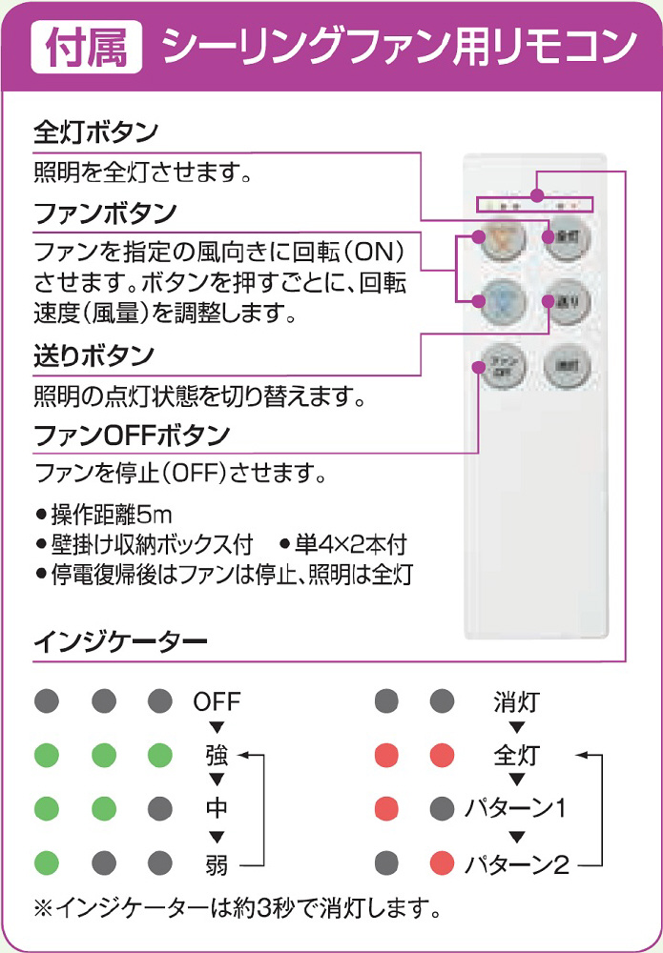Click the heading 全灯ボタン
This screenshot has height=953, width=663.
pyautogui.click(x=95, y=131)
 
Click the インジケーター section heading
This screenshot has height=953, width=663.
pyautogui.click(x=121, y=641)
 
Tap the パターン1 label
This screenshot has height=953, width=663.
pyautogui.click(x=515, y=810)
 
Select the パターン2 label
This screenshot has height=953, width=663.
pyautogui.click(x=516, y=865)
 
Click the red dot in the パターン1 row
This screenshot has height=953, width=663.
pyautogui.click(x=386, y=810)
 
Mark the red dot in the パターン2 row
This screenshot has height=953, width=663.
pyautogui.click(x=441, y=864)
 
